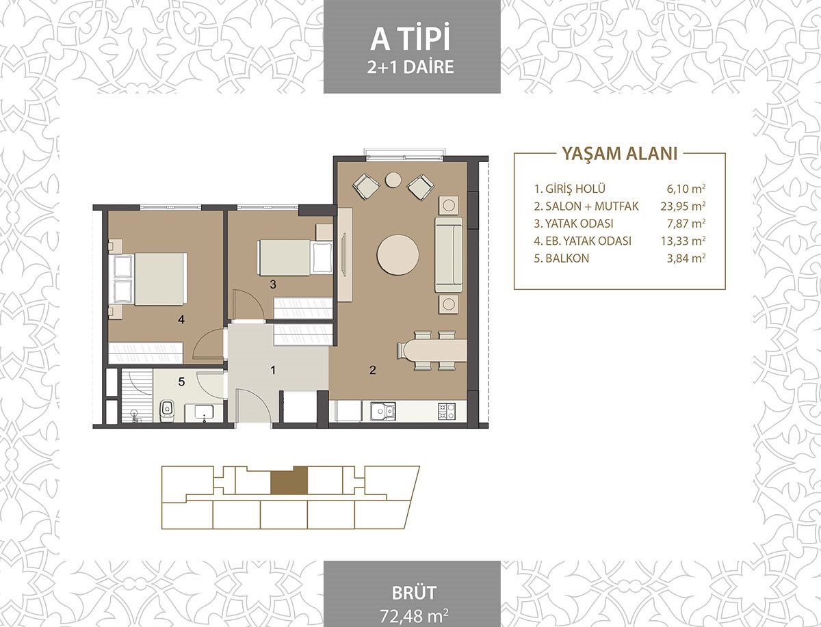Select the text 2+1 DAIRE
410,67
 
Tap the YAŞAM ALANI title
620,154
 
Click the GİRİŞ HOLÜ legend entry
569,188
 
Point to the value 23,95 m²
683,206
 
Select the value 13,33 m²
683,241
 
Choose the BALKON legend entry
562,258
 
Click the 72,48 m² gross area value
414,615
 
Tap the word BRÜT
414,593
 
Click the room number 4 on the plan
181,319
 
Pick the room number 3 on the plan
273,284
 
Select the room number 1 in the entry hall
274,370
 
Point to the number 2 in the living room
372,370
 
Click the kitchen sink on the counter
382,411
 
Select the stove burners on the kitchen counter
447,411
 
